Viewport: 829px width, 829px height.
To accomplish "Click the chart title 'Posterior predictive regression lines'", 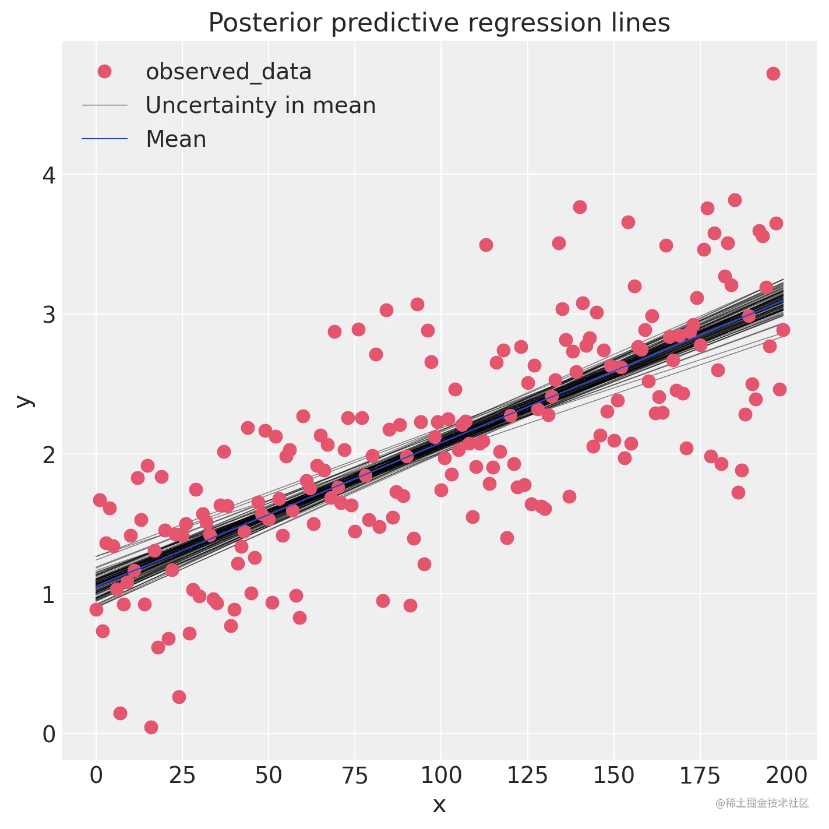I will pos(439,23).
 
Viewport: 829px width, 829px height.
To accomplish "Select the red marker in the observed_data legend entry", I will pos(104,72).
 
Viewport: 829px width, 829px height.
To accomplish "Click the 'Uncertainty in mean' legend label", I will pos(260,105).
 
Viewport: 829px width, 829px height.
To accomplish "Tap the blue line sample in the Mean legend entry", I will pos(104,139).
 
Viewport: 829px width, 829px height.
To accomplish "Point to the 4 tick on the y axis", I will pos(49,175).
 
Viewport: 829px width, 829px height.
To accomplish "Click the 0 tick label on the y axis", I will pos(49,734).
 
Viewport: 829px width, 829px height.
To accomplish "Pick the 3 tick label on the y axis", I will pos(49,315).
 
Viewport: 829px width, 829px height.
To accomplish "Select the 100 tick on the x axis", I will pos(441,775).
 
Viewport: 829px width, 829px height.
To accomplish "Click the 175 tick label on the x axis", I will pos(700,775).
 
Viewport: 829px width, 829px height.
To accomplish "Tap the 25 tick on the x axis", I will pos(182,775).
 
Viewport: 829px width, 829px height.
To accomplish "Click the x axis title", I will pos(439,805).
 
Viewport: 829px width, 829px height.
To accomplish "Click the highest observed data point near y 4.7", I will pos(773,73).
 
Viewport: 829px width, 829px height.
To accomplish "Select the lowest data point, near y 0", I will pos(151,727).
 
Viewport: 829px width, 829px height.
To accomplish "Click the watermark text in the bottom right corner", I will pos(762,803).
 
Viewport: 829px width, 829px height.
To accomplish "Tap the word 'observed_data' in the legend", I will pos(228,72).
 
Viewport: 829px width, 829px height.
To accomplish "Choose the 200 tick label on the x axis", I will pos(786,775).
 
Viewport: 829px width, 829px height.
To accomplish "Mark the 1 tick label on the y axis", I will pos(49,595).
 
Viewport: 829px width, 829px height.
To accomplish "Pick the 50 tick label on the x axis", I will pos(269,775).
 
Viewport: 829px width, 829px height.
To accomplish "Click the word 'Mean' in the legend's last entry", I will pos(176,139).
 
